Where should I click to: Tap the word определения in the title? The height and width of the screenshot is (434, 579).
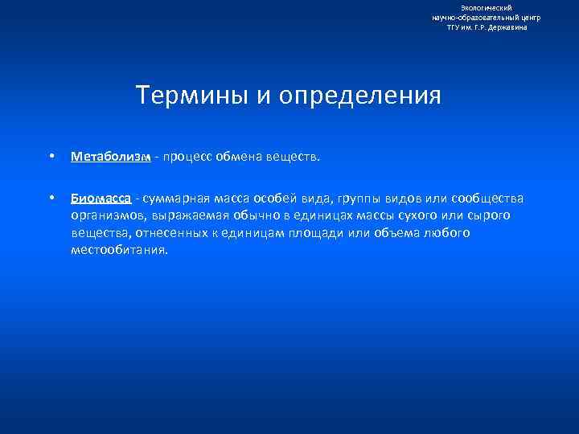click(361, 96)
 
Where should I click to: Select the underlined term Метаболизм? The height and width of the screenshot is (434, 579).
click(110, 158)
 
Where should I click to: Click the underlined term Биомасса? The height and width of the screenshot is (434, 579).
click(101, 199)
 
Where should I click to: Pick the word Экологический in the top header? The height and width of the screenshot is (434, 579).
click(487, 7)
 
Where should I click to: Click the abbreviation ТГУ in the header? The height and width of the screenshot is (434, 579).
click(454, 27)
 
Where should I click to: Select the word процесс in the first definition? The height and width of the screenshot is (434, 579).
click(188, 158)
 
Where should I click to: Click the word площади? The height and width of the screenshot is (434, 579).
click(291, 233)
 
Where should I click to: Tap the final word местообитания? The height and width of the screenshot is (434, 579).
click(119, 250)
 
